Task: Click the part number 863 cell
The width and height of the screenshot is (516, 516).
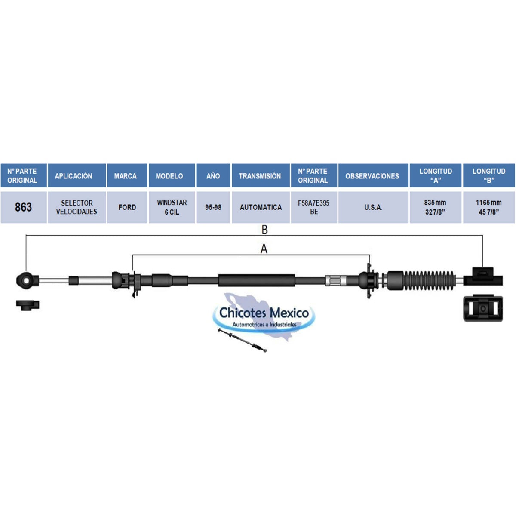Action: tap(24, 207)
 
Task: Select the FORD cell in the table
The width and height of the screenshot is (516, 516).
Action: tap(127, 207)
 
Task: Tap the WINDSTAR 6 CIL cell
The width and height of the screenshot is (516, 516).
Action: tap(172, 207)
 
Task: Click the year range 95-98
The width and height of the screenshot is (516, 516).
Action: tap(213, 207)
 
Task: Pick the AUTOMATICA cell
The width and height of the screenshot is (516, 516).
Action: tap(261, 207)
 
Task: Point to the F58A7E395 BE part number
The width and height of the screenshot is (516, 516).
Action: tap(314, 207)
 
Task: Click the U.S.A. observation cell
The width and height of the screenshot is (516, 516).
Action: tap(373, 207)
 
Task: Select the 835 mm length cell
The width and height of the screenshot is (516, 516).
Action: tap(436, 207)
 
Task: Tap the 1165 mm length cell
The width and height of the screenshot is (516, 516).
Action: tap(489, 207)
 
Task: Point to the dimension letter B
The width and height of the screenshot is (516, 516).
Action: tap(264, 230)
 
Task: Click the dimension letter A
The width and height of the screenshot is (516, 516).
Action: tap(264, 249)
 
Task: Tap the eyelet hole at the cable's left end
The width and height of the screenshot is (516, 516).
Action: tap(27, 280)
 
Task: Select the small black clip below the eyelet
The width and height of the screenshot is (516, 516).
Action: tap(28, 305)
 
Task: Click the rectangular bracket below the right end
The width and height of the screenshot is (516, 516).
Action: tap(483, 308)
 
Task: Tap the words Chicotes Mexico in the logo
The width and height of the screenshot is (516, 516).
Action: tap(264, 313)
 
